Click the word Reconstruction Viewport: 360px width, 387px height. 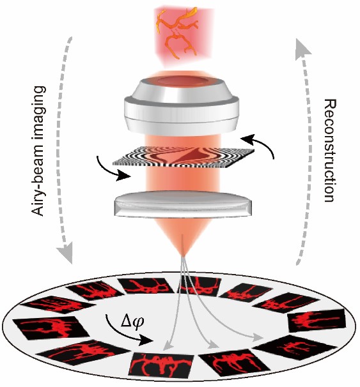coord(331,151)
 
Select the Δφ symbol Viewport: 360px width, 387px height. coord(132,322)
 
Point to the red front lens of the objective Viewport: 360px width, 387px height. coord(182,81)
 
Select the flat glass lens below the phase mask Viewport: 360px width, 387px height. coord(183,205)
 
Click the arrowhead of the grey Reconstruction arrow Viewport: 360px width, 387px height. coord(302,48)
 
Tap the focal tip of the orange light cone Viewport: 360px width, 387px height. coord(183,256)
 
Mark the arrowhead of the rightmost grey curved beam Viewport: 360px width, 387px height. coord(257,337)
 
